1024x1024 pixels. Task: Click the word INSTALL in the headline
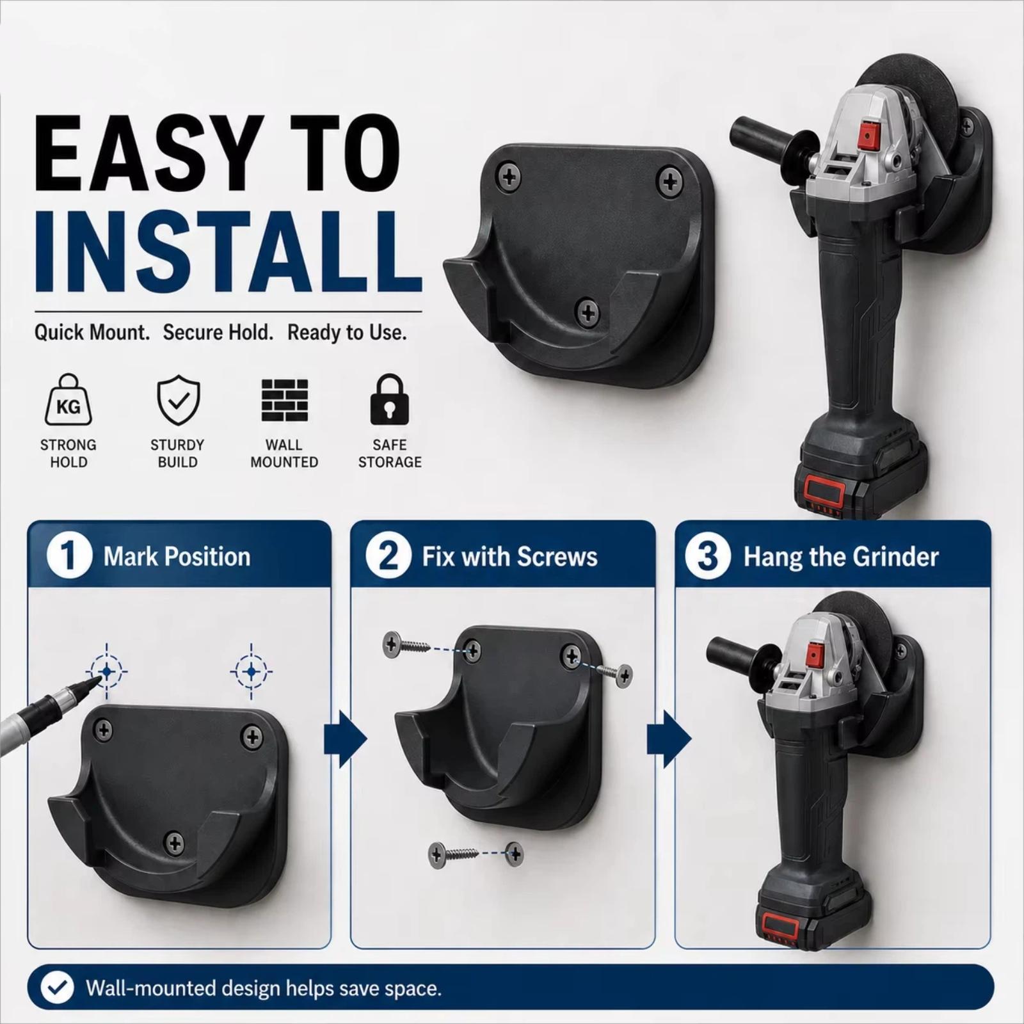click(x=228, y=252)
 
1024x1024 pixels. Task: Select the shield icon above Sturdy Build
click(x=179, y=400)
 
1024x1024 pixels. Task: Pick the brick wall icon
click(x=285, y=400)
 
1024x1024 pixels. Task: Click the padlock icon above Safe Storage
click(x=389, y=400)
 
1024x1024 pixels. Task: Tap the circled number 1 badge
click(x=68, y=556)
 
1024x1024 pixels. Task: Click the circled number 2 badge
click(x=388, y=556)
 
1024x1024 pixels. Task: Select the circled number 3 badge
click(x=707, y=556)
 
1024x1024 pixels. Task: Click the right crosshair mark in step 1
click(x=252, y=671)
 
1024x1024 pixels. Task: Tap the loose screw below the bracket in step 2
click(x=456, y=853)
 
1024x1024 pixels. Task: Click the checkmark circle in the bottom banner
click(x=57, y=988)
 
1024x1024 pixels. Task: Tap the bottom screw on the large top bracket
click(x=588, y=312)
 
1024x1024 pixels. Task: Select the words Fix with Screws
click(x=509, y=557)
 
